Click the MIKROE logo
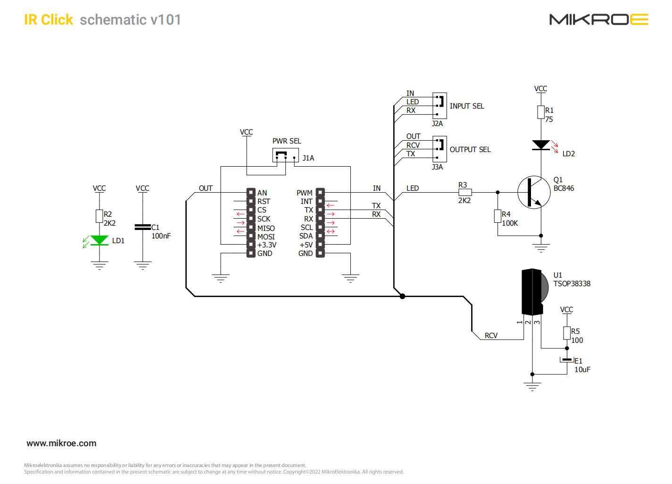click(599, 19)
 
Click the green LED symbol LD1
click(100, 240)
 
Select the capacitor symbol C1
click(143, 227)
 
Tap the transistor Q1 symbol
click(534, 192)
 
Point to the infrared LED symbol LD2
click(541, 145)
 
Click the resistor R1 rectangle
click(541, 112)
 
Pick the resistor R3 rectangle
click(465, 192)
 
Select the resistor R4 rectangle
click(498, 216)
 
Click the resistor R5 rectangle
click(567, 333)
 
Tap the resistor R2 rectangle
click(100, 216)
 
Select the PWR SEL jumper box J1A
click(285, 155)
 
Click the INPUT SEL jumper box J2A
click(440, 106)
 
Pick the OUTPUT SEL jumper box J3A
click(440, 149)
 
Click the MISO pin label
click(266, 229)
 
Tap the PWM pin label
click(305, 193)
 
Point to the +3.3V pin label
click(267, 245)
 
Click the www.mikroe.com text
click(61, 443)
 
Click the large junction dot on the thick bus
click(403, 296)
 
